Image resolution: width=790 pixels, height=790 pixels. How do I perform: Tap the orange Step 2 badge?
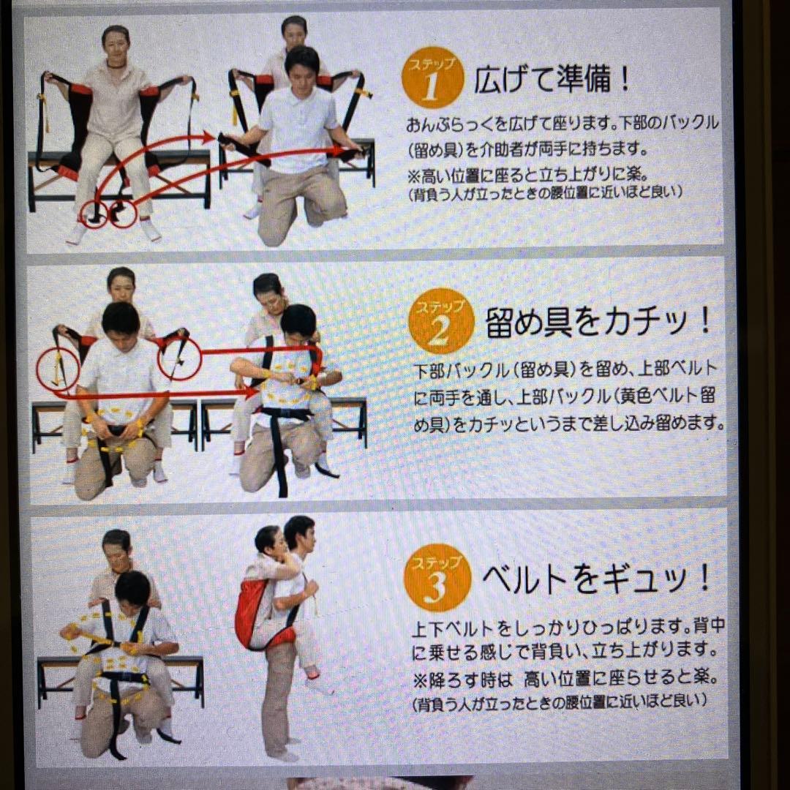click(439, 322)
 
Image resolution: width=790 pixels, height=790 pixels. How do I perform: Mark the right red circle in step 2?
click(179, 358)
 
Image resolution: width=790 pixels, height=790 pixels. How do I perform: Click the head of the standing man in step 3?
click(299, 533)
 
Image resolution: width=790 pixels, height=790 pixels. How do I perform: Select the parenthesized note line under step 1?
click(545, 194)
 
